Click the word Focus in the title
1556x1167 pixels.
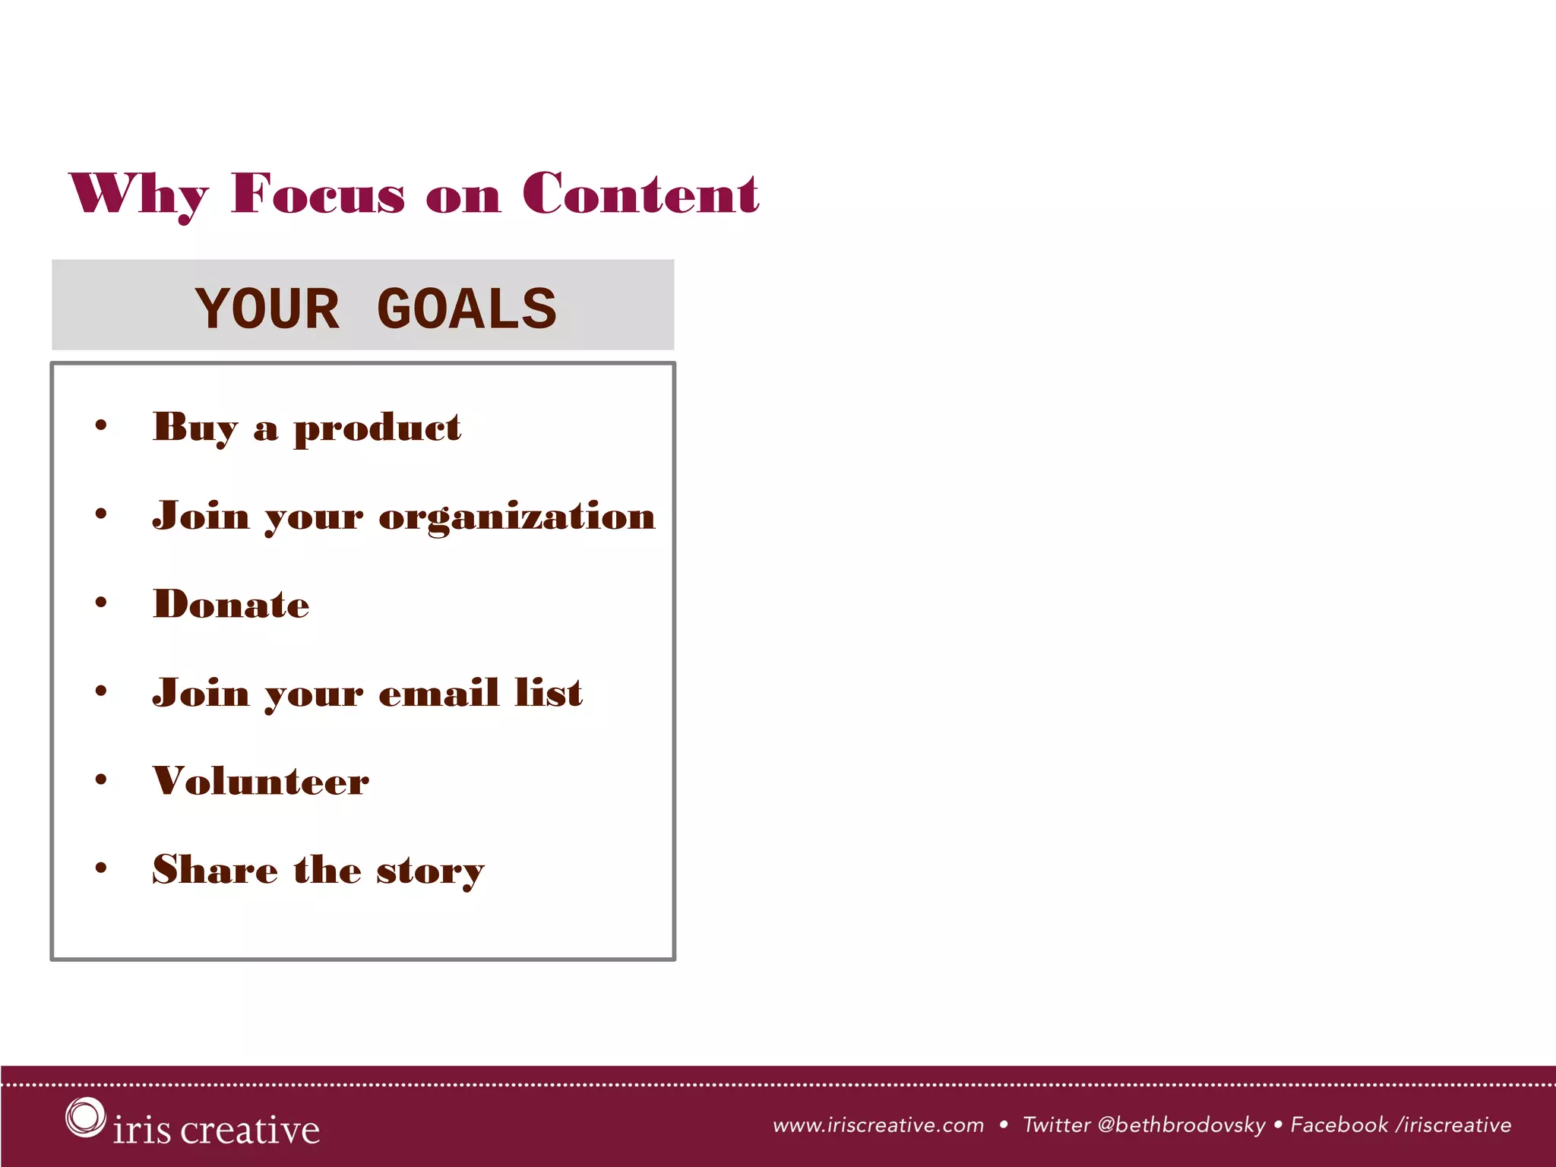coord(318,194)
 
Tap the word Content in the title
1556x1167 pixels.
coord(640,194)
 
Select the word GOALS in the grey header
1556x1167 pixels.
coord(466,309)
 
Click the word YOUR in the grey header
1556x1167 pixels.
coord(267,309)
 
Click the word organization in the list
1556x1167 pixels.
coord(517,517)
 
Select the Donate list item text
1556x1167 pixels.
coord(231,605)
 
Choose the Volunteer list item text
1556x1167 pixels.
coord(261,781)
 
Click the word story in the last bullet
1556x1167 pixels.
coord(430,871)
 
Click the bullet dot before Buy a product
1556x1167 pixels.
coord(101,425)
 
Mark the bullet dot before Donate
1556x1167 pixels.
coord(101,602)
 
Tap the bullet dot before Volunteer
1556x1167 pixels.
coord(101,780)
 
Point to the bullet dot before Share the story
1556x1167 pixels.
coord(101,868)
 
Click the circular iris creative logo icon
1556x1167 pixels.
coord(85,1117)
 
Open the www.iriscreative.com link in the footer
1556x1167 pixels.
coord(878,1125)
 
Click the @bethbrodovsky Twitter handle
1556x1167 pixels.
coord(1181,1125)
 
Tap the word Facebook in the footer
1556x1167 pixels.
coord(1339,1125)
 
